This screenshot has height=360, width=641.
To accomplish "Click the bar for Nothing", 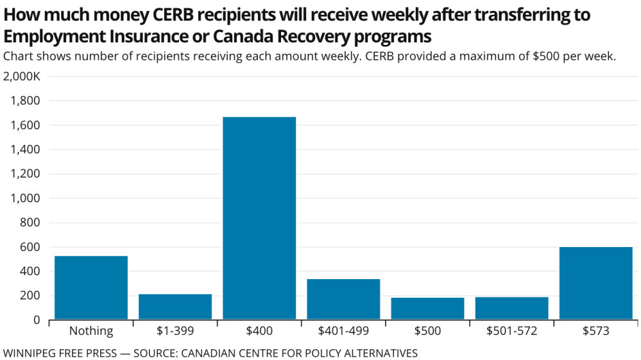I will coord(91,287).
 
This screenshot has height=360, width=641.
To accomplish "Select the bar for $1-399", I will coord(175,307).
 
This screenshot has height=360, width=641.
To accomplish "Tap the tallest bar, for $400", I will coord(259,218).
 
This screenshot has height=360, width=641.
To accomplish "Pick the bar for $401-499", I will coord(343,299).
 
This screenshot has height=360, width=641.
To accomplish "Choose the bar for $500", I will coord(427,309).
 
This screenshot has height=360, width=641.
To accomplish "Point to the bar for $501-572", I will coord(511,308).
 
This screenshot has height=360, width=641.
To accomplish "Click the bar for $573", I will coord(595,283).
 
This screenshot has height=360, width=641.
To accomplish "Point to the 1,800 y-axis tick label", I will coord(26,101).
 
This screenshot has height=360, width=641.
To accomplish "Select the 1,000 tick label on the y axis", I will coord(26,198).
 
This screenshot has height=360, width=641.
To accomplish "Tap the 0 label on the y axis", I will coord(36,320).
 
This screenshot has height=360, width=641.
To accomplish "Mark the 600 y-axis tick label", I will coord(30,247).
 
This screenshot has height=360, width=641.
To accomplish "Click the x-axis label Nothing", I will coord(91,331).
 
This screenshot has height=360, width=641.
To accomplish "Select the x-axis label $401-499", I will coord(343,331).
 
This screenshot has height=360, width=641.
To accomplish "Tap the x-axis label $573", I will coord(595,331).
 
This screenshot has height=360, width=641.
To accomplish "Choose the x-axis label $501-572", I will coord(511,331).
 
